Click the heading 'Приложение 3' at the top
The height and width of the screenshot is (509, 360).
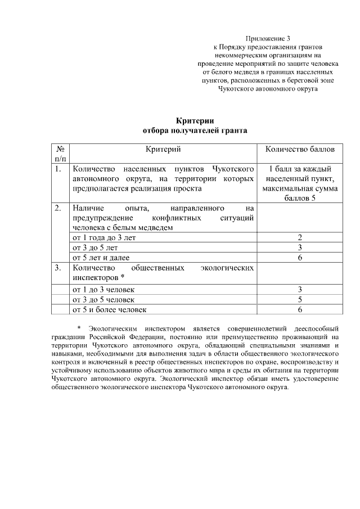point(268,38)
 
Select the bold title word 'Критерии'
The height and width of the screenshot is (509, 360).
point(195,120)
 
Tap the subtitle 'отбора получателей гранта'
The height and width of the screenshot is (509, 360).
point(195,130)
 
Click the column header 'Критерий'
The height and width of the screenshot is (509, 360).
point(163,149)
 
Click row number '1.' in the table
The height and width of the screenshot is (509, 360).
point(58,169)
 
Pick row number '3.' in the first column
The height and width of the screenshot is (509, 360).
point(58,268)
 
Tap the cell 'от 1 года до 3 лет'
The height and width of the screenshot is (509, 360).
point(104,238)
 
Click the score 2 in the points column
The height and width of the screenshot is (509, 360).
point(300,238)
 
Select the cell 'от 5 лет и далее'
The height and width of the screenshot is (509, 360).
point(101,258)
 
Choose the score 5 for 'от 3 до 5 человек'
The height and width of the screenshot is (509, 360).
point(300,299)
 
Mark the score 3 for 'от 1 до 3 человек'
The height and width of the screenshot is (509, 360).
point(300,289)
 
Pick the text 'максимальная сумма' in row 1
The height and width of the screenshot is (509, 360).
point(300,189)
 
